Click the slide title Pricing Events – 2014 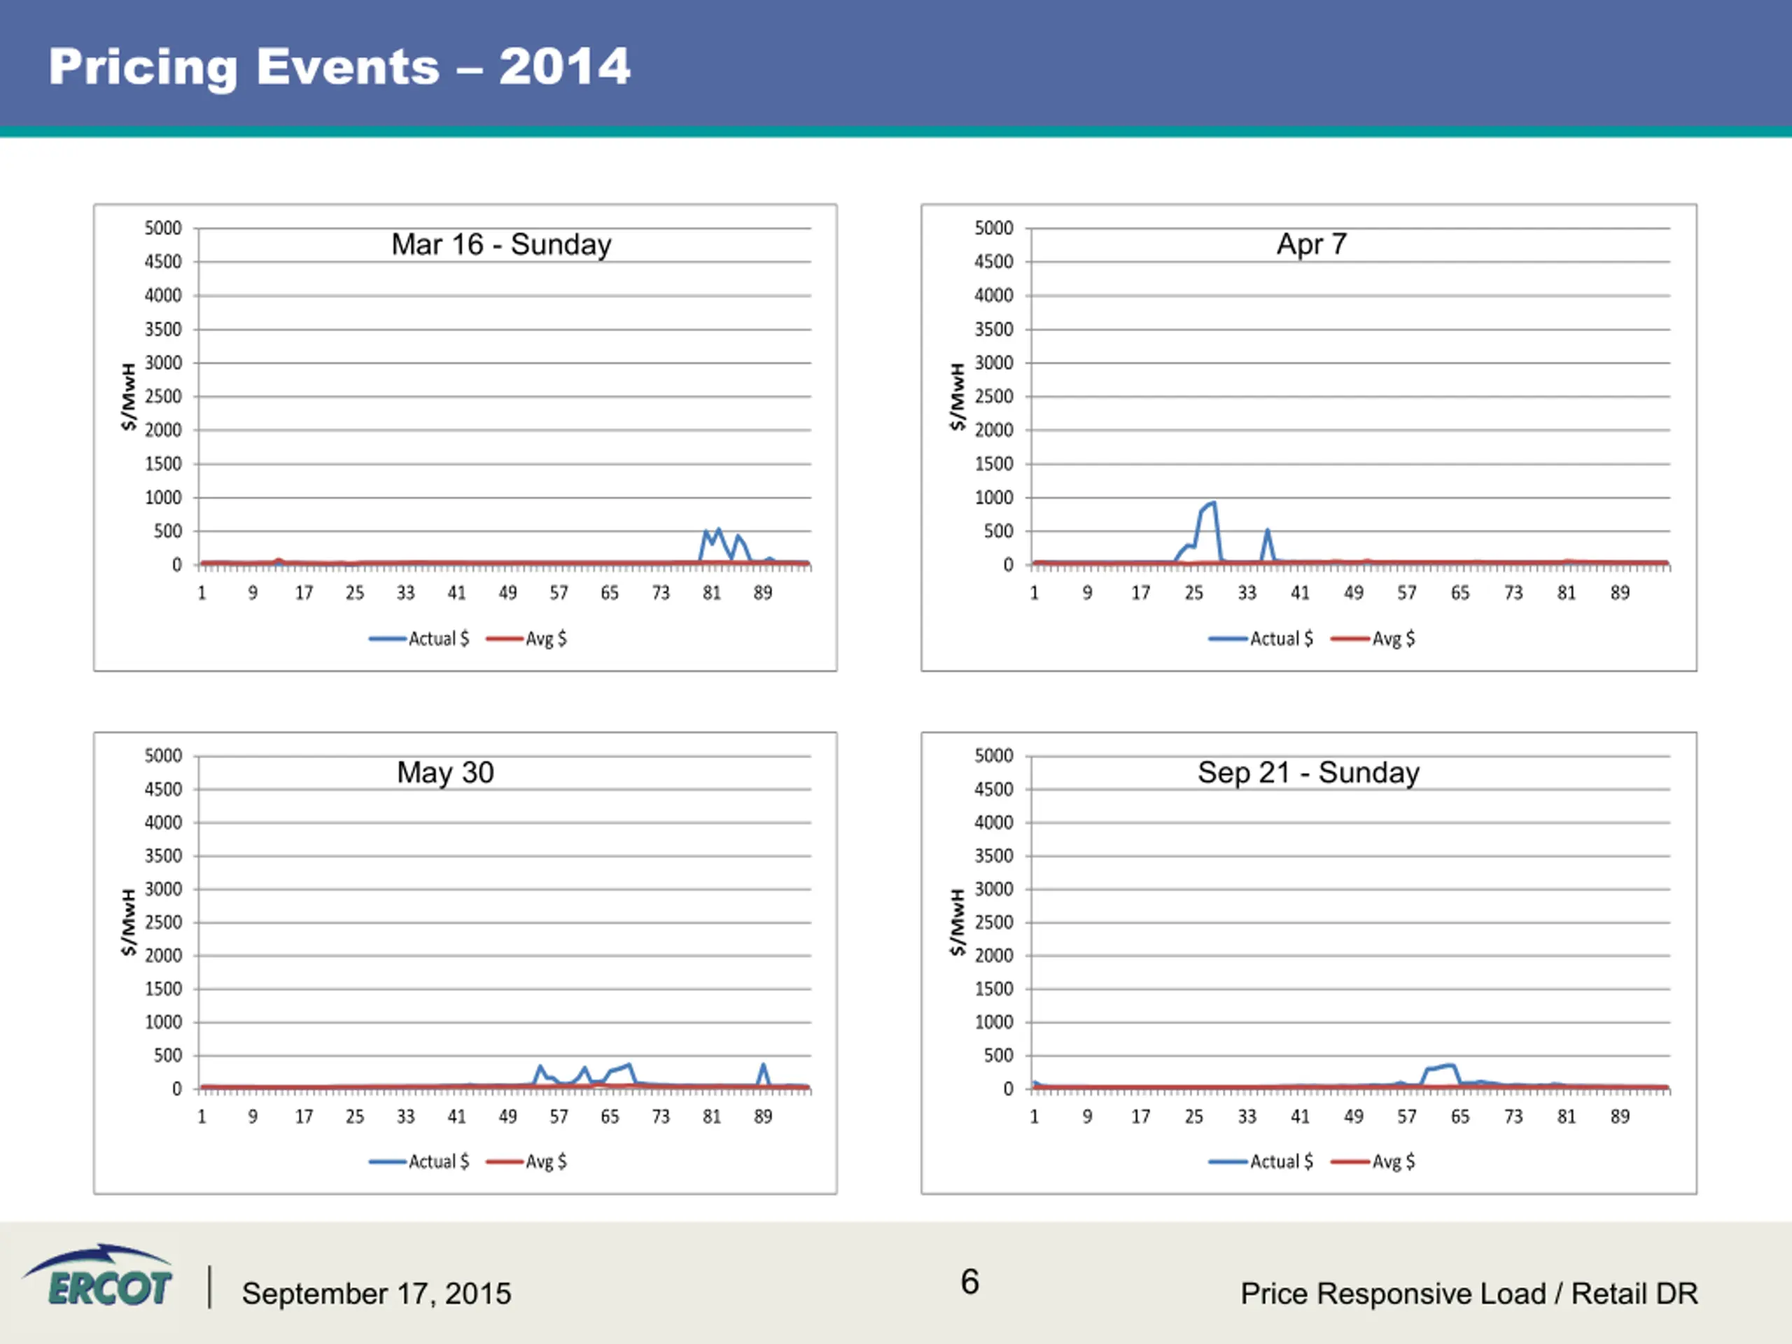[x=339, y=66]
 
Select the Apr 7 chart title [x=1312, y=244]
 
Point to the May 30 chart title [x=446, y=772]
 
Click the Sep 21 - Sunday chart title [x=1308, y=772]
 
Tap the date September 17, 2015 [x=377, y=1294]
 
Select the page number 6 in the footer [x=969, y=1282]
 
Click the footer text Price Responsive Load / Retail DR [x=1469, y=1294]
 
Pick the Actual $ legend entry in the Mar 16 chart [x=419, y=638]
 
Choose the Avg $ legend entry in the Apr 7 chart [x=1373, y=638]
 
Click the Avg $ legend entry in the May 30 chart [x=526, y=1162]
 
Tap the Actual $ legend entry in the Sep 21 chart [x=1261, y=1162]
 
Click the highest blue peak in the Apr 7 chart [x=1213, y=503]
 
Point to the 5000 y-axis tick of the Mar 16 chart [x=163, y=228]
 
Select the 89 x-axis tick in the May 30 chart [x=762, y=1116]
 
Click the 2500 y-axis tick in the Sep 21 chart [x=993, y=922]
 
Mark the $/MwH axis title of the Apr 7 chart [x=958, y=396]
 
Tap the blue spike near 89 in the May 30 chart [x=763, y=1065]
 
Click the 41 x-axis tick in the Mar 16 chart [x=457, y=593]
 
